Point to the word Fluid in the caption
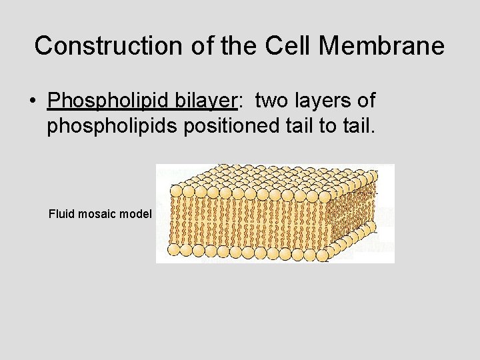[61, 214]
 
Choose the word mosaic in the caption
[99, 214]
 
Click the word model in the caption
[137, 214]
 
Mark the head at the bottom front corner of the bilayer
[325, 254]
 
